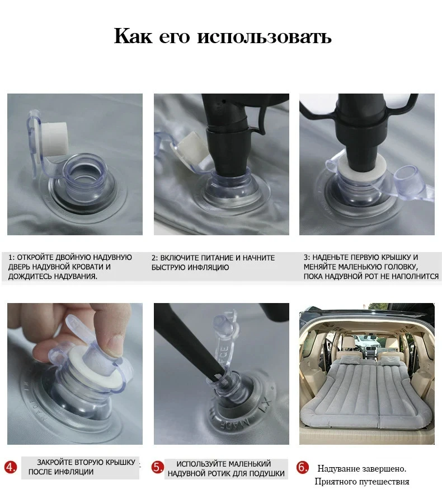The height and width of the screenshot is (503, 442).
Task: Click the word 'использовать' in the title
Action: pos(264,37)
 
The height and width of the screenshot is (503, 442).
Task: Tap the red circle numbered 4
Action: pos(10,468)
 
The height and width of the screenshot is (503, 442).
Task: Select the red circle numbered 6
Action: pos(302,468)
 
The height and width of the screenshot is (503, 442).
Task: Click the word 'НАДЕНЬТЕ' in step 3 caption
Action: pos(334,257)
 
